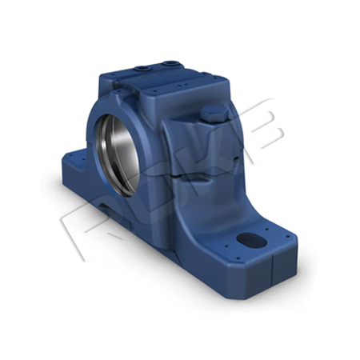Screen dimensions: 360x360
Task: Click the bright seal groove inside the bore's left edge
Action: click(x=102, y=148)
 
